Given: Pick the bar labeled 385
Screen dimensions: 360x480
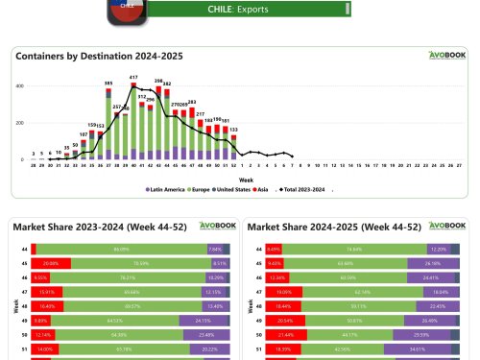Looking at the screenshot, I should [x=108, y=125].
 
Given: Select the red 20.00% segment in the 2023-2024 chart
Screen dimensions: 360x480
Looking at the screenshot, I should [x=51, y=262].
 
